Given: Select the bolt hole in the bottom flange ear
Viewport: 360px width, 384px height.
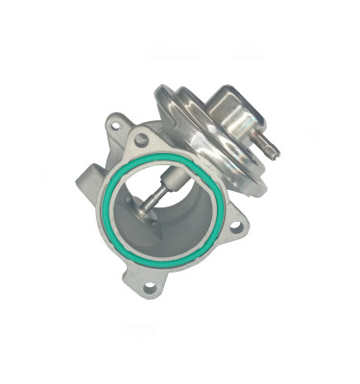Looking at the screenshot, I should [x=151, y=284].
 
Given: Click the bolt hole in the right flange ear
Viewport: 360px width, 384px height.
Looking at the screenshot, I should [x=236, y=227].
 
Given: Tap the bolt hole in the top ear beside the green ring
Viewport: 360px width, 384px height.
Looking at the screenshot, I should [x=142, y=140].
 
